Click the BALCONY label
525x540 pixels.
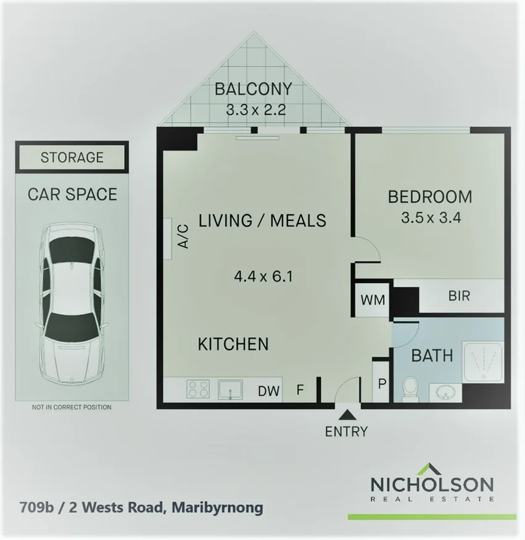point(252,89)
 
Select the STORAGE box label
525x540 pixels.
point(72,157)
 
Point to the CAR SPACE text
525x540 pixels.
point(72,194)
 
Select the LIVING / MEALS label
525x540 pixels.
point(262,220)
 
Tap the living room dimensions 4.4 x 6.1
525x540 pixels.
point(262,276)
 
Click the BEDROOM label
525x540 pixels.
point(429,197)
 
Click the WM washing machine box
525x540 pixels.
point(373,300)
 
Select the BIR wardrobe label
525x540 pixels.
point(459,296)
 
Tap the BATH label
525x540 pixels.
point(432,355)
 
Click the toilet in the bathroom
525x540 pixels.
point(410,389)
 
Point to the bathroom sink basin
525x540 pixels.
point(445,391)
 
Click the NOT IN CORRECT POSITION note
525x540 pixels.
point(72,407)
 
